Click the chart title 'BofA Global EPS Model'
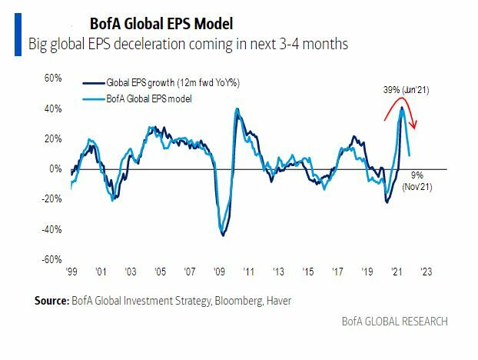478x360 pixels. point(152,24)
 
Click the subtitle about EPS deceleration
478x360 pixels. point(188,45)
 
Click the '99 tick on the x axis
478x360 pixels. point(70,272)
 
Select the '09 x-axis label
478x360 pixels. point(219,272)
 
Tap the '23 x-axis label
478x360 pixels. point(427,272)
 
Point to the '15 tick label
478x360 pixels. point(308,272)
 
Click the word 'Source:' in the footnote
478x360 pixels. point(51,300)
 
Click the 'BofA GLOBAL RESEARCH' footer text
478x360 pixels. point(394,321)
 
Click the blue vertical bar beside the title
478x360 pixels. point(17,34)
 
